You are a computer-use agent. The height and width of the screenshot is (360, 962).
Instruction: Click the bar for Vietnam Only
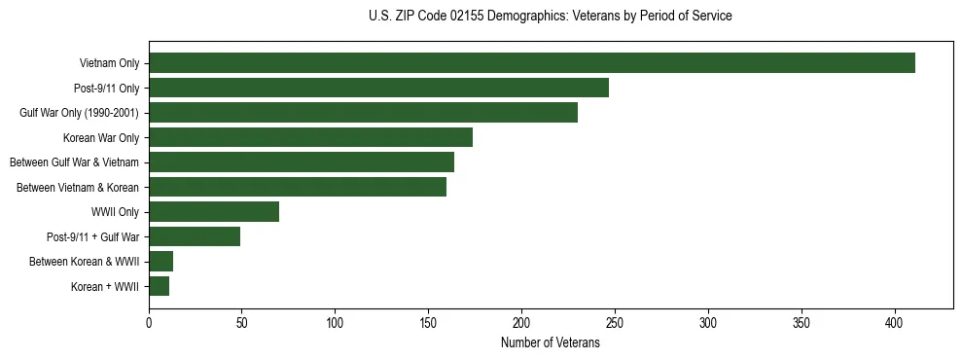coord(532,63)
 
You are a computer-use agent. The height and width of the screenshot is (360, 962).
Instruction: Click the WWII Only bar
coord(214,212)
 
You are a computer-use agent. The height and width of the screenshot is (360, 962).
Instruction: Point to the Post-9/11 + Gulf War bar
coord(195,236)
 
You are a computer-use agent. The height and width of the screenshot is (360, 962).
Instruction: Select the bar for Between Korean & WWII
coord(160,262)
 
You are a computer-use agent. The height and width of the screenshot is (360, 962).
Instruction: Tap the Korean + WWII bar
coord(159,286)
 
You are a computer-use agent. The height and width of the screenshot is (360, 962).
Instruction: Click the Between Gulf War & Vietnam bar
coord(302,162)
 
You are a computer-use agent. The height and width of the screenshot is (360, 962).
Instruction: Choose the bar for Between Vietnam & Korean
coord(298,187)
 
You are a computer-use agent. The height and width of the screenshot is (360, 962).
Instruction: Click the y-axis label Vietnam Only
coord(109,64)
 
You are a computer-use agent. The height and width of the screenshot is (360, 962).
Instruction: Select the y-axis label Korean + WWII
coord(106,287)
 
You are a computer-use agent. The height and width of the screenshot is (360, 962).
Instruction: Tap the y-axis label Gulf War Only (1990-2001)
coord(79,113)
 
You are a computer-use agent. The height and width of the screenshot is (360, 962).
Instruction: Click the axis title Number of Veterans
coord(550,342)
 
